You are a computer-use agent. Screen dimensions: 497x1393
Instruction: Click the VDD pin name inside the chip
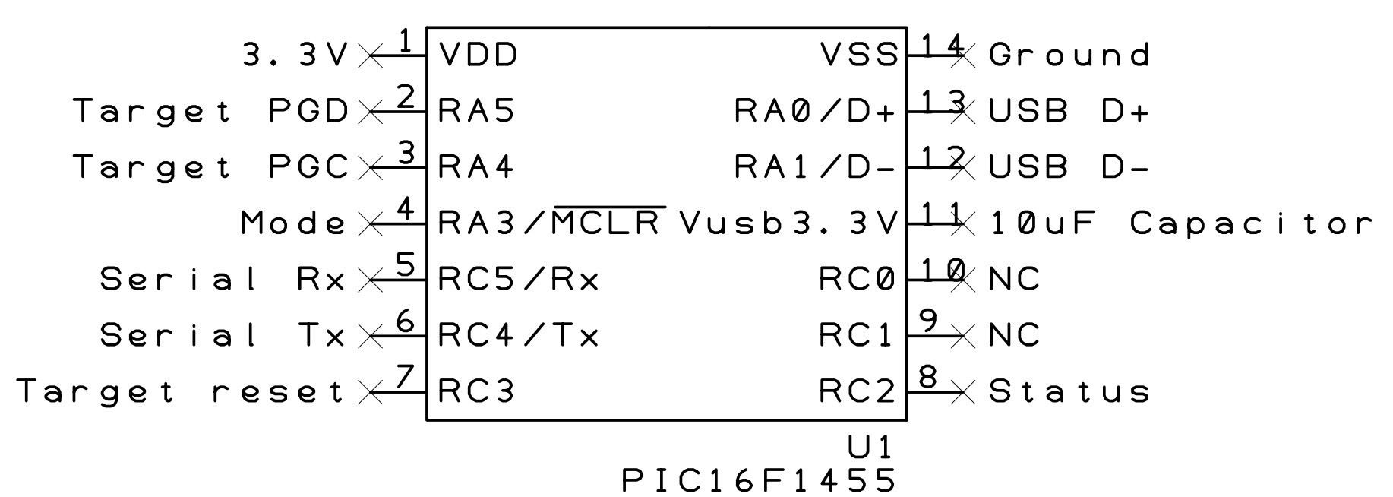[479, 55]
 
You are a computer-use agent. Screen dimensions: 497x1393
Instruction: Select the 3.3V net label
[295, 55]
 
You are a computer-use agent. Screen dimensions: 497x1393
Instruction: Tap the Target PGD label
[210, 111]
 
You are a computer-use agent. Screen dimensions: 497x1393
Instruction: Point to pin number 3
[407, 154]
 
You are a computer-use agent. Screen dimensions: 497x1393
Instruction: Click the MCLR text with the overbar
[608, 223]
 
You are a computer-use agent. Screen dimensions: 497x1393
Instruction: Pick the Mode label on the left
[293, 223]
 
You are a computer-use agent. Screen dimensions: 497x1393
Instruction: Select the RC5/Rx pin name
[519, 280]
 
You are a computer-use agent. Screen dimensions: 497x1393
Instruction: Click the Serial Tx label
[223, 335]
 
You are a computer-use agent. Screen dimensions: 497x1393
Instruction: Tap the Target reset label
[181, 391]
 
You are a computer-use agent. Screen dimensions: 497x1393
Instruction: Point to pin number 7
[406, 376]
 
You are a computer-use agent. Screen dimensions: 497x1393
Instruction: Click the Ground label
[1069, 55]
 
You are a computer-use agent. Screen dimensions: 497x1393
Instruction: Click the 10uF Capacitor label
[1182, 223]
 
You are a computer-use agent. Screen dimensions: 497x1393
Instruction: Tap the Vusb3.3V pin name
[788, 223]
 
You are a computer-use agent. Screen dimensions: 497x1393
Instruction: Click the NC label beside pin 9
[1014, 335]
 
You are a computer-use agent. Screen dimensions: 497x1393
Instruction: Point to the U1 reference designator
[870, 447]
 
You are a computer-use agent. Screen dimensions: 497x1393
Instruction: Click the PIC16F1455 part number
[759, 480]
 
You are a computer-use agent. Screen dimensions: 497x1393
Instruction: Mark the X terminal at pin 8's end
[963, 392]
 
